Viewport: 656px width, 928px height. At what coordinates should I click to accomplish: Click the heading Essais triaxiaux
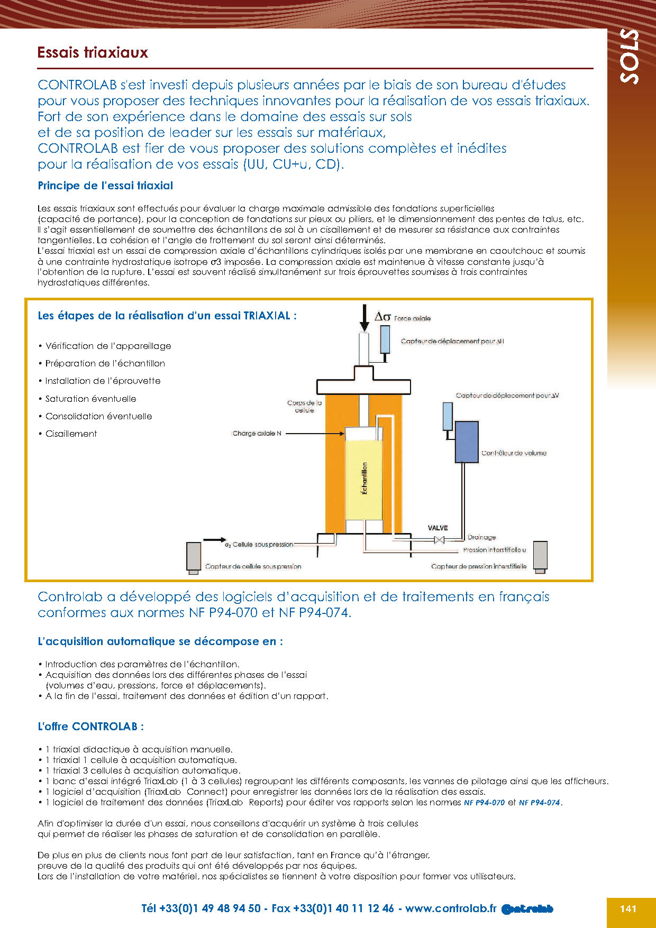(93, 52)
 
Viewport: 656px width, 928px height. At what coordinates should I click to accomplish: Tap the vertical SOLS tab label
(630, 56)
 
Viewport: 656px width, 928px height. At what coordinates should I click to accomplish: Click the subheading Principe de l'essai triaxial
(105, 186)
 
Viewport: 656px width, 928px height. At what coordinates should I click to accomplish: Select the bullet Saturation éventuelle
(90, 399)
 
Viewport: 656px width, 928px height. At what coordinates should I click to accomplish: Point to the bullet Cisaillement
(71, 434)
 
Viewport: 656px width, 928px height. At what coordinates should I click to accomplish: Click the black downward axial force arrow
(365, 318)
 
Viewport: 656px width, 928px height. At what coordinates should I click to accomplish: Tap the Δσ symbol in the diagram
(382, 317)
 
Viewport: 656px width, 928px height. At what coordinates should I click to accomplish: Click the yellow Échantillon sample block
(363, 479)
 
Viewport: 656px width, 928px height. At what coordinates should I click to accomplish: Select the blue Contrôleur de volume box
(467, 442)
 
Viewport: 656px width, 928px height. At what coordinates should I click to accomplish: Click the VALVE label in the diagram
(438, 528)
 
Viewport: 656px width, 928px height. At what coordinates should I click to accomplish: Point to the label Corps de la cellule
(304, 407)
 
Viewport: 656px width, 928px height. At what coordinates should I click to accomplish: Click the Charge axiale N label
(257, 434)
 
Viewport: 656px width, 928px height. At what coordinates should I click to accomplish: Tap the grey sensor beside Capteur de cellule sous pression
(194, 557)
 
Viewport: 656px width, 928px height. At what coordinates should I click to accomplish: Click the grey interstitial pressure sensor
(540, 556)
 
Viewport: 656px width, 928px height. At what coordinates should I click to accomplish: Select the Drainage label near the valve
(481, 537)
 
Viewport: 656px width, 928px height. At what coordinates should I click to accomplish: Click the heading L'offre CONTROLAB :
(91, 727)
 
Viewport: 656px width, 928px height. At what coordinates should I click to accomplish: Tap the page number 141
(628, 908)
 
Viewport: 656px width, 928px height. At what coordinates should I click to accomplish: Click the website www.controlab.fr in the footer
(451, 908)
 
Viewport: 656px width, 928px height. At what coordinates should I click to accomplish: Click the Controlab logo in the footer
(527, 909)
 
